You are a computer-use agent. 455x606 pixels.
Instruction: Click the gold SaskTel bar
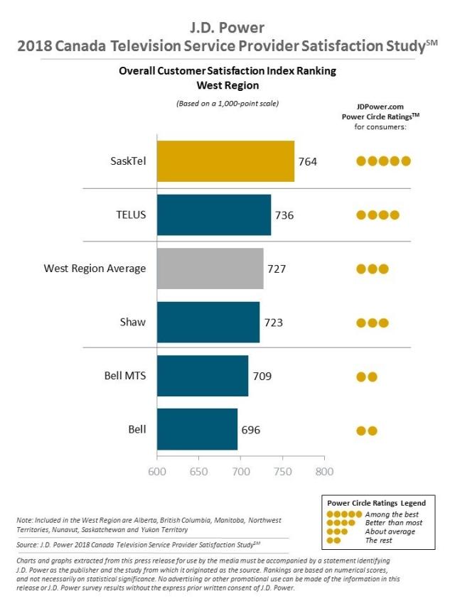click(225, 161)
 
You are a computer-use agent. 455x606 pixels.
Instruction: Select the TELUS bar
click(213, 215)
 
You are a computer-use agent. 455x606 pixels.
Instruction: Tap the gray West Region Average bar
click(210, 269)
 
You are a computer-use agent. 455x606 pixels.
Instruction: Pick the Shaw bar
click(208, 322)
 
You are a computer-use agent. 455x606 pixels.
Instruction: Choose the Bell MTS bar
click(202, 376)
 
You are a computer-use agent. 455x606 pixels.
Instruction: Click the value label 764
click(308, 161)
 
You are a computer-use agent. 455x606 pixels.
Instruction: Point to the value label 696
click(251, 430)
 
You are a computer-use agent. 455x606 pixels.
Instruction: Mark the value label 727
click(277, 269)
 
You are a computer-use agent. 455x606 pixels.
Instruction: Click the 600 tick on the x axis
click(156, 472)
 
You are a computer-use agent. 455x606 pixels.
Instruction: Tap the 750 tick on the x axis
click(283, 472)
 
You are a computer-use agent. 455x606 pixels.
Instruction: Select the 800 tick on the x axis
click(325, 472)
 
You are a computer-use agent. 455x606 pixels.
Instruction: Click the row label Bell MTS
click(125, 376)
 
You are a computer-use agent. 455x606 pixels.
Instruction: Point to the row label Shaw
click(133, 322)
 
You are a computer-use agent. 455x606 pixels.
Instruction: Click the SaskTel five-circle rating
click(383, 161)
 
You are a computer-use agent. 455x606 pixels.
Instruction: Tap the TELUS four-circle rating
click(378, 215)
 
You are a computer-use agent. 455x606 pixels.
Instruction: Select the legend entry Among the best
click(392, 514)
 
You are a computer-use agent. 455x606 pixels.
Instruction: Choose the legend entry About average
click(390, 531)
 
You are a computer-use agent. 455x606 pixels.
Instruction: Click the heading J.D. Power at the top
click(227, 28)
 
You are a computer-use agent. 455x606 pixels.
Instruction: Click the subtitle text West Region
click(227, 85)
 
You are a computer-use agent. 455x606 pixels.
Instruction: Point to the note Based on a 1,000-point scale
click(227, 104)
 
